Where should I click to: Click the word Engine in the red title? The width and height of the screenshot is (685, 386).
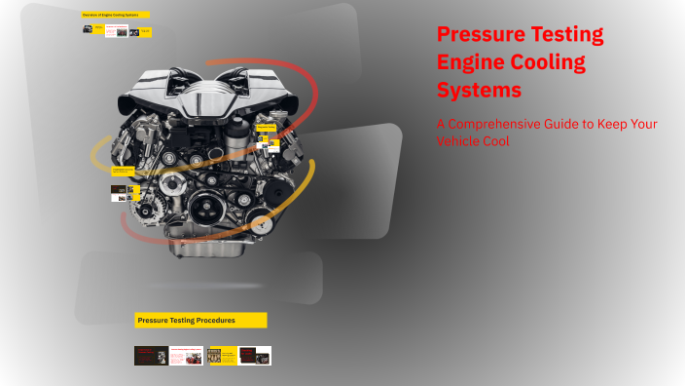(470, 62)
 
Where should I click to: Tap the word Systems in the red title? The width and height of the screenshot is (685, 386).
(479, 90)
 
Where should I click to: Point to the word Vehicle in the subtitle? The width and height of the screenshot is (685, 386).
(461, 141)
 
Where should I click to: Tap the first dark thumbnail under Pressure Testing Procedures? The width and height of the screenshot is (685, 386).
(150, 356)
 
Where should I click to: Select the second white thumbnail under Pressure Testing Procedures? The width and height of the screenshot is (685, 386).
(186, 356)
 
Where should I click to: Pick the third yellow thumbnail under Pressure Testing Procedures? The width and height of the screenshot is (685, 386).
(221, 356)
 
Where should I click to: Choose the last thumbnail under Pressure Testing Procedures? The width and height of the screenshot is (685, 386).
(255, 356)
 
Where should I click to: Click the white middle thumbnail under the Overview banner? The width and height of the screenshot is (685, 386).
(116, 31)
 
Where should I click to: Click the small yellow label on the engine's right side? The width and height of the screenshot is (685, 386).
(266, 127)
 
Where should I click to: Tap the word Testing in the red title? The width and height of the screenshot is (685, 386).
(568, 35)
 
